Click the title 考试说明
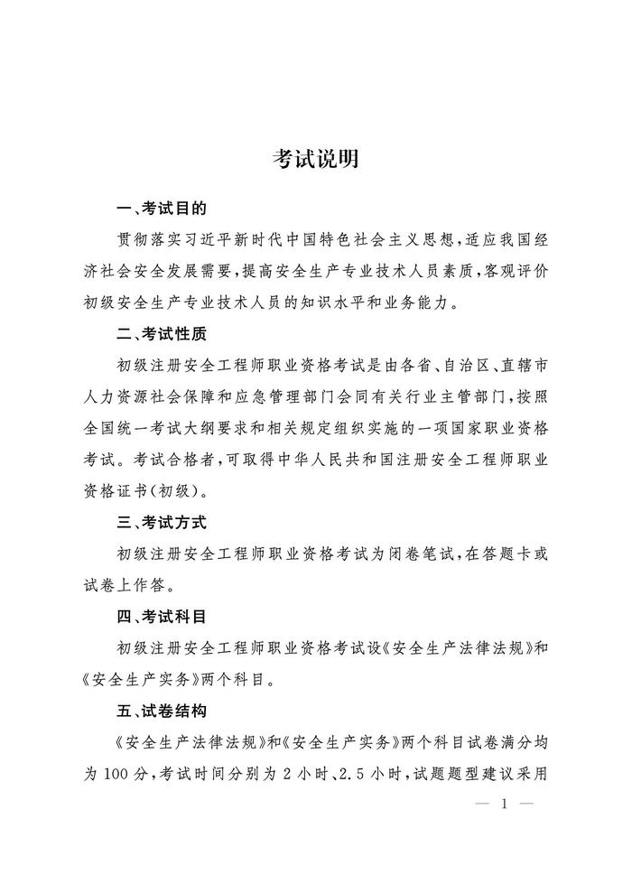pyautogui.click(x=316, y=160)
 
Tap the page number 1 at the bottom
pyautogui.click(x=504, y=804)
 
